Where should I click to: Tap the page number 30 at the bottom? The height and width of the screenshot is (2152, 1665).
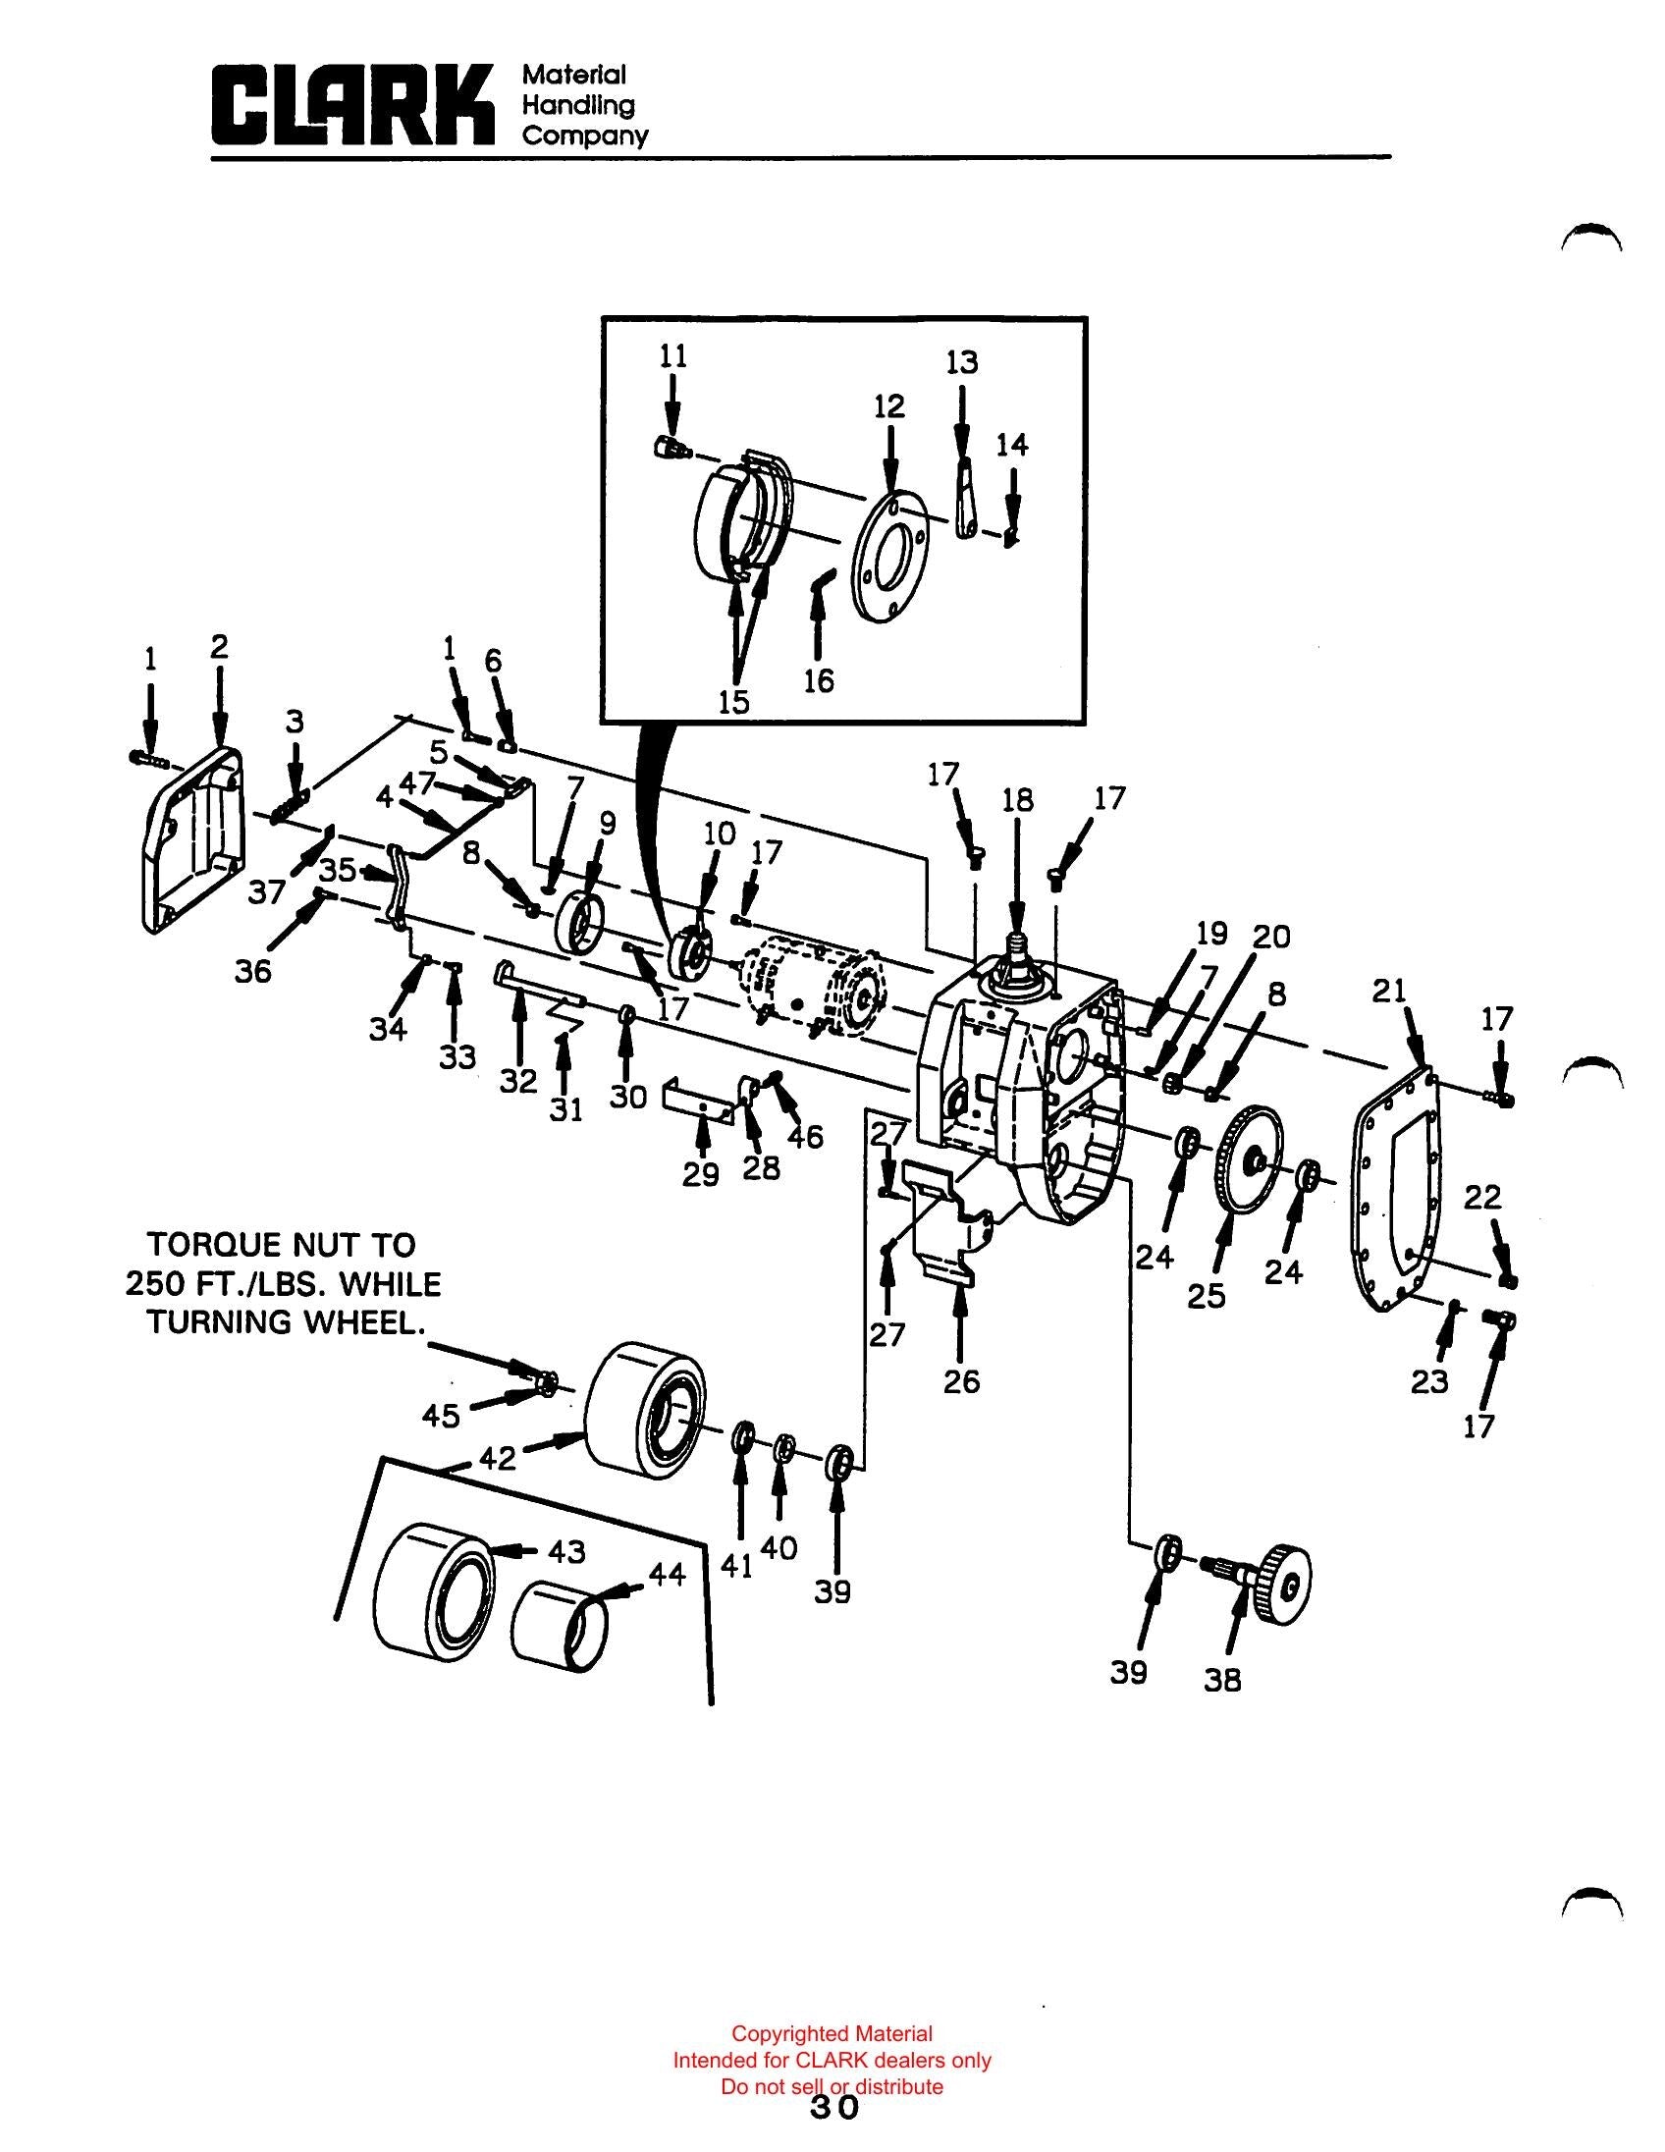click(x=834, y=2107)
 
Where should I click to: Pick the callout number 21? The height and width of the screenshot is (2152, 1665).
click(x=1389, y=992)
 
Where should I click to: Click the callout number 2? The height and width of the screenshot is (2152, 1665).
click(x=219, y=646)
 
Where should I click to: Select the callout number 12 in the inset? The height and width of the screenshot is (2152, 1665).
click(x=888, y=406)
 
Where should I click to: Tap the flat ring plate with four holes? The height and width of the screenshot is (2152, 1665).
click(x=891, y=556)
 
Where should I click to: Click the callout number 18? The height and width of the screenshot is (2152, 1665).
click(x=1018, y=799)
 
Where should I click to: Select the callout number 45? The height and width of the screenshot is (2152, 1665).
click(x=442, y=1416)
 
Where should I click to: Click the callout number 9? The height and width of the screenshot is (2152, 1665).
click(x=607, y=824)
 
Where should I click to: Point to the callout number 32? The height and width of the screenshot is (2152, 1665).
click(x=518, y=1081)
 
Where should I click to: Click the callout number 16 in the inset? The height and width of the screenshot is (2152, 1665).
click(x=819, y=680)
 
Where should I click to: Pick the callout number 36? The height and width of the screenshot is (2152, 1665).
click(x=252, y=972)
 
